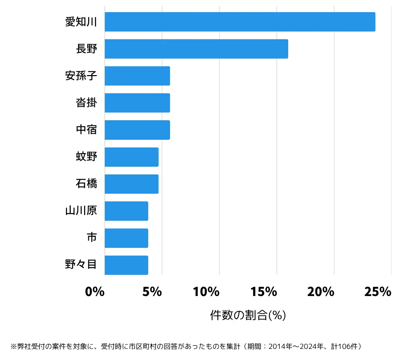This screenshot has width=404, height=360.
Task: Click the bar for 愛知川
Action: point(240,22)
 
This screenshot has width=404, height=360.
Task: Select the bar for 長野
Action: point(196,49)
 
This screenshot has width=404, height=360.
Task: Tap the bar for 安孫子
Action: point(137,76)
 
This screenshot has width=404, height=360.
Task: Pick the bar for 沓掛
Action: point(137,103)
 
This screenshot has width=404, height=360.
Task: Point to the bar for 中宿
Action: point(137,130)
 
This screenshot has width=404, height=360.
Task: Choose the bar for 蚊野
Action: point(132,157)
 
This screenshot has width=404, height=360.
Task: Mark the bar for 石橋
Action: point(132,184)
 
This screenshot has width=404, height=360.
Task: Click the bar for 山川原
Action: point(126,211)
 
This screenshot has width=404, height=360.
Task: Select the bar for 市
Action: point(126,238)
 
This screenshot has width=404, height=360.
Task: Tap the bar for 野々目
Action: point(126,265)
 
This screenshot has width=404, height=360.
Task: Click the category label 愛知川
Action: point(81,22)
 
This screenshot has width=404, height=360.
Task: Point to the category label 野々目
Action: point(81,264)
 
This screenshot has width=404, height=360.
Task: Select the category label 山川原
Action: point(81,210)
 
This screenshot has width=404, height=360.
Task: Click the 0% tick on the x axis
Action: point(95,292)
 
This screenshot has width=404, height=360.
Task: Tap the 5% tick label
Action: point(152,292)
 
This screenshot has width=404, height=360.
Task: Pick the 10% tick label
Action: point(206,292)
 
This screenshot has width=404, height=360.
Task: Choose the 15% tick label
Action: point(264,292)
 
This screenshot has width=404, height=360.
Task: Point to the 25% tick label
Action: point(378,292)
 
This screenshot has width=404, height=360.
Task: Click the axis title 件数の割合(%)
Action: point(248,315)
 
